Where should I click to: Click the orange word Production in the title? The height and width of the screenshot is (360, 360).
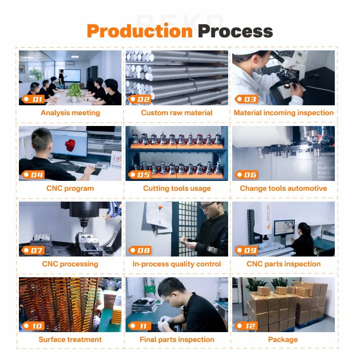(139, 31)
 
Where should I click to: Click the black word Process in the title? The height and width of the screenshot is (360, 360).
(235, 31)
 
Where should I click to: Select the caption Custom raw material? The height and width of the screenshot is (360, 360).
(177, 112)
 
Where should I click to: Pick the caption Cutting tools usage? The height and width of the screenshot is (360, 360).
(177, 188)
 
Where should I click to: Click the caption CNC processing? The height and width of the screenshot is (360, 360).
(70, 264)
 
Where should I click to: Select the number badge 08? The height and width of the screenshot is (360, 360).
(139, 250)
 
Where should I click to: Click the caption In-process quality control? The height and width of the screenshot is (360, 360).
(177, 264)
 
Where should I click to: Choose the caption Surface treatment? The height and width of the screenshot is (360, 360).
(70, 339)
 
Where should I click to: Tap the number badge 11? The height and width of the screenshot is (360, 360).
(139, 326)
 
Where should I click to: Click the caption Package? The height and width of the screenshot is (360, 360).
(283, 339)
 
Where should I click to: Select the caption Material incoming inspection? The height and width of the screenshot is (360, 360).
(283, 112)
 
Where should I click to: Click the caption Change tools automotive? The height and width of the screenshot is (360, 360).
(283, 188)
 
